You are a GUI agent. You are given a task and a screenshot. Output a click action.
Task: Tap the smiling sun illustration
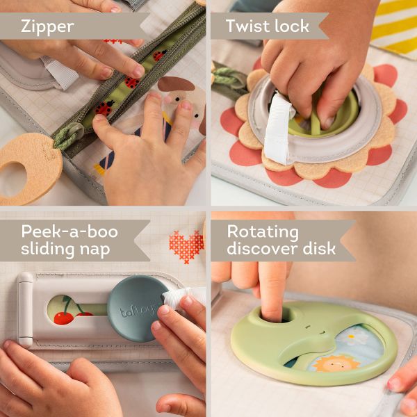pos(332,364)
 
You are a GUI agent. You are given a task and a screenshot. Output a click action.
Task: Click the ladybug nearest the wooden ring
pos(104,108)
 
